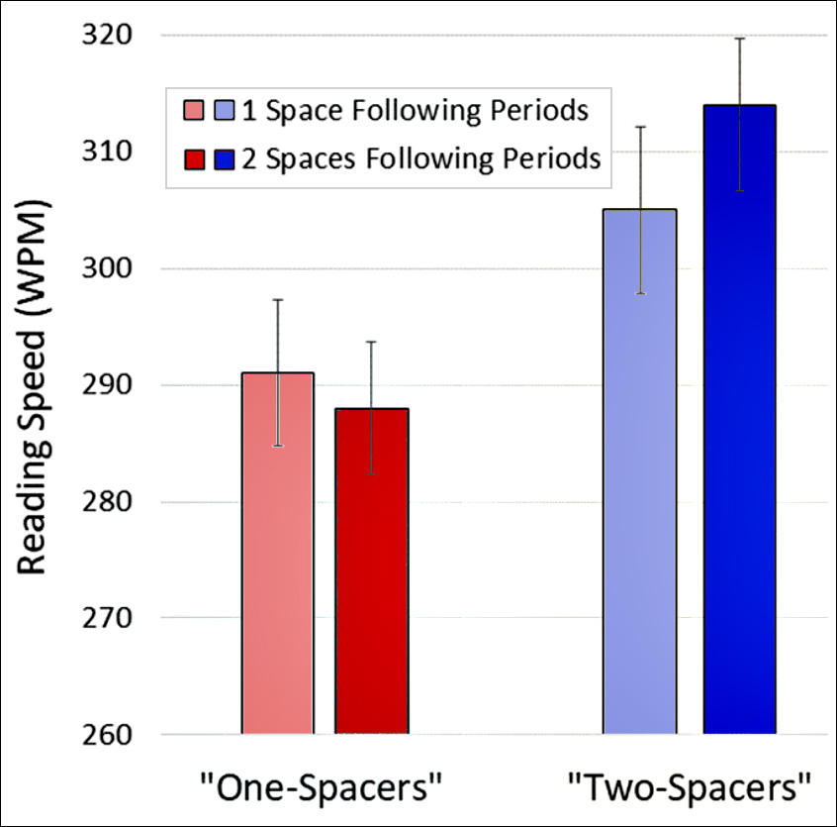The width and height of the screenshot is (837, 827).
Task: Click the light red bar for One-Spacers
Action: pos(278,554)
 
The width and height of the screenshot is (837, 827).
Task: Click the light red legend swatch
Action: pos(193,110)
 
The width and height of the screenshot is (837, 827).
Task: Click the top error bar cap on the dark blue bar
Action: pos(739,39)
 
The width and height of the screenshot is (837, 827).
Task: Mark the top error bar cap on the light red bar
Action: pos(278,299)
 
